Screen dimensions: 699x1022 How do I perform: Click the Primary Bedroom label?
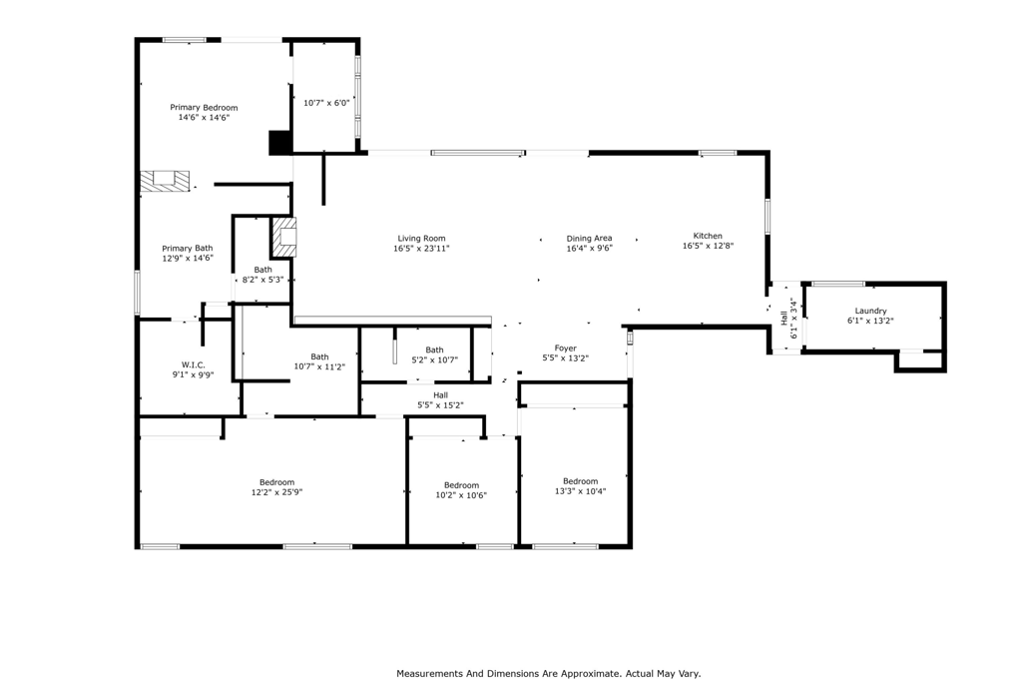click(x=204, y=107)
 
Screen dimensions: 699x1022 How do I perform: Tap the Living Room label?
click(x=421, y=239)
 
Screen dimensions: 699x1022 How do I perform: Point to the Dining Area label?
click(x=589, y=239)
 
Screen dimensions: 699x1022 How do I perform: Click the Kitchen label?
click(x=708, y=236)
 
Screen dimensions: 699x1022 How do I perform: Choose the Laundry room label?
click(x=870, y=311)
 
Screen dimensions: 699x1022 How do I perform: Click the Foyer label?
click(x=566, y=348)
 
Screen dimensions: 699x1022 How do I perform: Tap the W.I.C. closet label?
click(x=193, y=364)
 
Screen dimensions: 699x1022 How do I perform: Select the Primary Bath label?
click(x=188, y=248)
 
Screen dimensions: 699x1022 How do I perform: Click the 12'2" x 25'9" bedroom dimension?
click(x=276, y=492)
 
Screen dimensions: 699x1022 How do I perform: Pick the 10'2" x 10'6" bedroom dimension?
click(x=461, y=495)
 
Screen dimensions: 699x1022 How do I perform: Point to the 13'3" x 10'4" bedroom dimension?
click(x=580, y=491)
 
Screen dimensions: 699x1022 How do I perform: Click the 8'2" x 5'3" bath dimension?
click(x=262, y=280)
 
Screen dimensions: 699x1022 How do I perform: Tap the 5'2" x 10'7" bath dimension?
click(x=434, y=360)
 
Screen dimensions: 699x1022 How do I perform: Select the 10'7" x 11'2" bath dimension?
click(x=319, y=366)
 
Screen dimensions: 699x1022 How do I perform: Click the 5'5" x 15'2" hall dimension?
click(x=440, y=404)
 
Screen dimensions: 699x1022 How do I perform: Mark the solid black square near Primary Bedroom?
click(x=279, y=143)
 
